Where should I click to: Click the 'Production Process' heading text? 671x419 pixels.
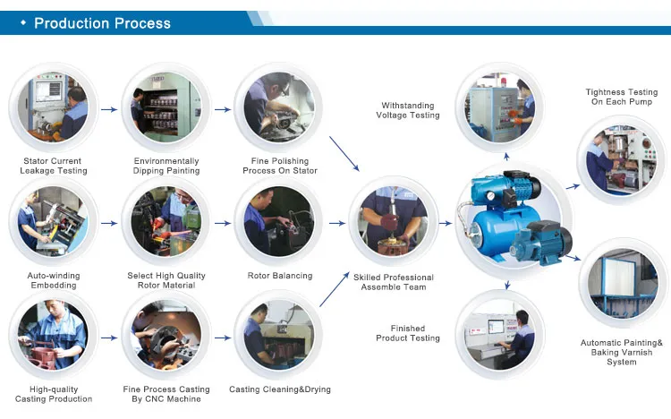102,23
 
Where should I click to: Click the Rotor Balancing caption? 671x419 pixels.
280,276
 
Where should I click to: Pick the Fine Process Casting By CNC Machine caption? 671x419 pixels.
166,394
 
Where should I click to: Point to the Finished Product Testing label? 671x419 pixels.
408,333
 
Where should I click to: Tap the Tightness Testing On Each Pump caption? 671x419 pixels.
622,97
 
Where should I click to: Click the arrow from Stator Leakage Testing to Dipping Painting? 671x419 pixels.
108,110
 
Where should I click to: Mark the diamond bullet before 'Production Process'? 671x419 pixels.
22,23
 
